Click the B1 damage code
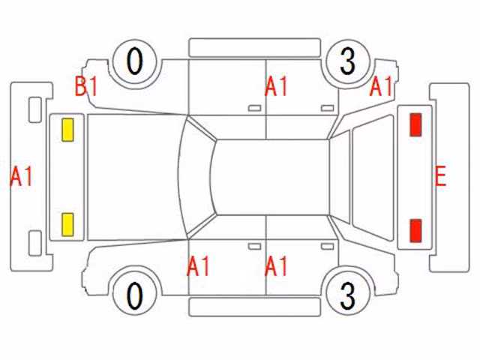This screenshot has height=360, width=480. click(86, 86)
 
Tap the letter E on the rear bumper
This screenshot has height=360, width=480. click(440, 176)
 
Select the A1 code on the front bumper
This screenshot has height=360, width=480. click(21, 176)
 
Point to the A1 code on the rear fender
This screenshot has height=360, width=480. click(381, 86)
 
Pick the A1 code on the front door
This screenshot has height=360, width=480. click(198, 266)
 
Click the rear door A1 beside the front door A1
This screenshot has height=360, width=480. click(276, 266)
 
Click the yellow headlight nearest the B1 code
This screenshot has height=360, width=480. click(67, 130)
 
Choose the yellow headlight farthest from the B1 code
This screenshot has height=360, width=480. click(67, 225)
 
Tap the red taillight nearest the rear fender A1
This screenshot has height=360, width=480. click(415, 124)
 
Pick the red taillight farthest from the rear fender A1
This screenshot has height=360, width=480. click(415, 231)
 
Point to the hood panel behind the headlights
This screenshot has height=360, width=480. click(132, 177)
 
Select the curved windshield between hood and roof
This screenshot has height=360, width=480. click(196, 177)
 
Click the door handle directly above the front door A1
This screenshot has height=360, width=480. click(254, 247)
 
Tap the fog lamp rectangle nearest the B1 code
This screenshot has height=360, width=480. click(35, 110)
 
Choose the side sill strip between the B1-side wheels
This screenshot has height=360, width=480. click(255, 48)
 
